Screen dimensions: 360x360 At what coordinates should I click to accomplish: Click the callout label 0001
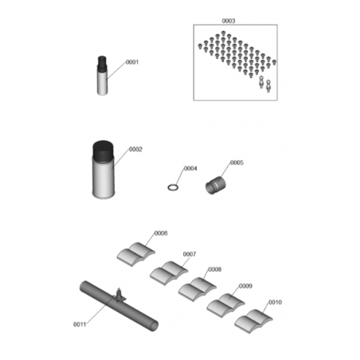(x=132, y=62)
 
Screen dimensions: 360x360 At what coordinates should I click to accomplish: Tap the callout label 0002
(x=135, y=150)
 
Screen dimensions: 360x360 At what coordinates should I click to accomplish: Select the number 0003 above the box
(x=229, y=21)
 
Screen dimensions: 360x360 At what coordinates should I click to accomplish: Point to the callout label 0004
(x=190, y=169)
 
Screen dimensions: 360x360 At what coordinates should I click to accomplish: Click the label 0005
(x=237, y=162)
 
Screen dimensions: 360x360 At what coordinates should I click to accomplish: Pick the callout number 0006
(x=161, y=233)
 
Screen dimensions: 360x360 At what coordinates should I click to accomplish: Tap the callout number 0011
(x=80, y=324)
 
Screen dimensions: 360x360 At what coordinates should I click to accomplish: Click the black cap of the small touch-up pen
(x=102, y=64)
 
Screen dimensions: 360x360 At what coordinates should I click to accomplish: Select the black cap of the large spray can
(x=104, y=151)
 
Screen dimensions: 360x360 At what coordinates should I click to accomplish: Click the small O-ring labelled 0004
(x=173, y=187)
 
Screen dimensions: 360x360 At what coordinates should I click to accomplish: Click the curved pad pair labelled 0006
(x=136, y=254)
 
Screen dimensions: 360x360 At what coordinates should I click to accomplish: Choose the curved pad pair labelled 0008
(x=198, y=289)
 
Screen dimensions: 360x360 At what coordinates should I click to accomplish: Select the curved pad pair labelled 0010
(x=253, y=321)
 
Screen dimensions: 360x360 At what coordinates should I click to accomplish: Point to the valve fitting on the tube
(x=119, y=295)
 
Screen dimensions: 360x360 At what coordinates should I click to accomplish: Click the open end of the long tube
(x=154, y=326)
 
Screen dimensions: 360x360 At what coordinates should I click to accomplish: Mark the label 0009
(x=245, y=286)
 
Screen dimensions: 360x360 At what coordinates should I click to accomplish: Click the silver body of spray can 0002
(x=104, y=178)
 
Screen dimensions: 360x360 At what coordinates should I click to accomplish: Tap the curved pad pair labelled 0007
(x=169, y=273)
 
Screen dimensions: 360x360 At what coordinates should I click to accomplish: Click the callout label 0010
(x=275, y=303)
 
